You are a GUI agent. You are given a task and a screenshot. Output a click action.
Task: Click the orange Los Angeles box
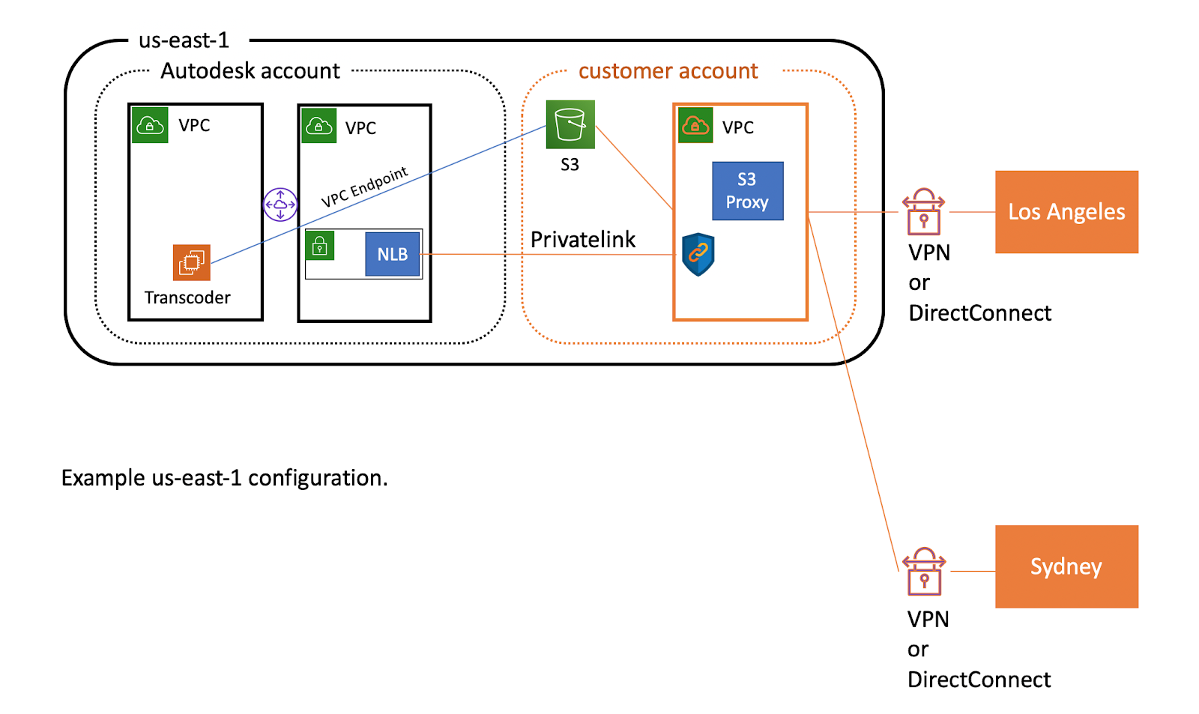(x=1066, y=212)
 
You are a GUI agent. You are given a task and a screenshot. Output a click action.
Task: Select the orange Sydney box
(x=1066, y=566)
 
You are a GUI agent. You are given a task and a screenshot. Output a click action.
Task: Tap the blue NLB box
(x=392, y=255)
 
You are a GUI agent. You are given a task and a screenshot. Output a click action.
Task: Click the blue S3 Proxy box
(x=747, y=191)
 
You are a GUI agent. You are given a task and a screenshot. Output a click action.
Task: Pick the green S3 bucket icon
(x=570, y=124)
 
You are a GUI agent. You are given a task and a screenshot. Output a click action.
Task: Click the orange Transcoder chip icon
(x=192, y=262)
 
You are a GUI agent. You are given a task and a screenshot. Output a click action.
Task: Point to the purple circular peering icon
(x=280, y=205)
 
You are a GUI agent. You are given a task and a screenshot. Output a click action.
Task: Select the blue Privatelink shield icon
(x=698, y=254)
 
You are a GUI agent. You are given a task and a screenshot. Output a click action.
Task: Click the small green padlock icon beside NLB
(x=320, y=246)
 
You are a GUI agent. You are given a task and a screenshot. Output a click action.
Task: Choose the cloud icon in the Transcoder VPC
(x=150, y=125)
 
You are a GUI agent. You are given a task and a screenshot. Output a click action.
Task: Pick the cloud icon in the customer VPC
(x=695, y=125)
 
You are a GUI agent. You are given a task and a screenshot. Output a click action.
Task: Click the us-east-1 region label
(x=184, y=40)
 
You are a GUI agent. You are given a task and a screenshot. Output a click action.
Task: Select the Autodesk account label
(x=250, y=71)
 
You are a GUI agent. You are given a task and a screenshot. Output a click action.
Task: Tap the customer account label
(x=668, y=71)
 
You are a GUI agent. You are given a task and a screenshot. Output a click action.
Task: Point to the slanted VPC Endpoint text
(x=364, y=187)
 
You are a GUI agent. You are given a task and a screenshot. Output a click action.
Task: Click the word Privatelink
(x=582, y=240)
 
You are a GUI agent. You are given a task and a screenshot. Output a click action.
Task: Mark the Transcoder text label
(x=187, y=298)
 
